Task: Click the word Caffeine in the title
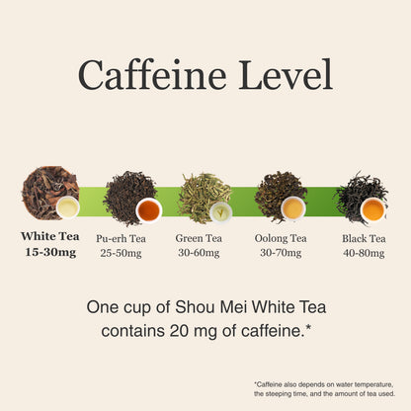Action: click(x=152, y=74)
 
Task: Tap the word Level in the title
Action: click(x=286, y=74)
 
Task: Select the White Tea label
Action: click(x=50, y=236)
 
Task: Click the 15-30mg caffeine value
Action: click(x=50, y=252)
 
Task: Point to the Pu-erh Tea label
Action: click(x=121, y=238)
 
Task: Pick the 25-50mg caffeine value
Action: click(x=121, y=253)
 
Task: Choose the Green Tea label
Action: click(x=199, y=238)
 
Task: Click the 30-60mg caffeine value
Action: click(x=199, y=253)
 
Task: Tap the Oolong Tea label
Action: click(x=281, y=238)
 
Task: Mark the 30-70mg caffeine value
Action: click(x=281, y=253)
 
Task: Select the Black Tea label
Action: click(x=364, y=238)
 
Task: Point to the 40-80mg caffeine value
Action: click(x=364, y=253)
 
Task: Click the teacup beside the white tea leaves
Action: click(x=68, y=207)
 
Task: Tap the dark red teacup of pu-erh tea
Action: click(x=149, y=210)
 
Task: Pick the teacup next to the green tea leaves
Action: click(x=221, y=213)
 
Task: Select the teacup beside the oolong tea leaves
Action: click(x=293, y=208)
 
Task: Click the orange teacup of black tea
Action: click(x=373, y=209)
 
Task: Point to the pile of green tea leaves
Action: click(x=205, y=197)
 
